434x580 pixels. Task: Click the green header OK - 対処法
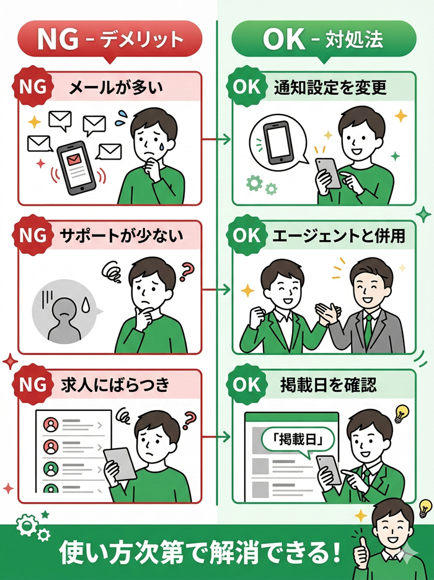(x=323, y=39)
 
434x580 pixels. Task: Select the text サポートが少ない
(x=115, y=236)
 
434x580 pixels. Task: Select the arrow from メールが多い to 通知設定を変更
(x=216, y=139)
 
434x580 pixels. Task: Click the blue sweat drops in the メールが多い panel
(x=125, y=116)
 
